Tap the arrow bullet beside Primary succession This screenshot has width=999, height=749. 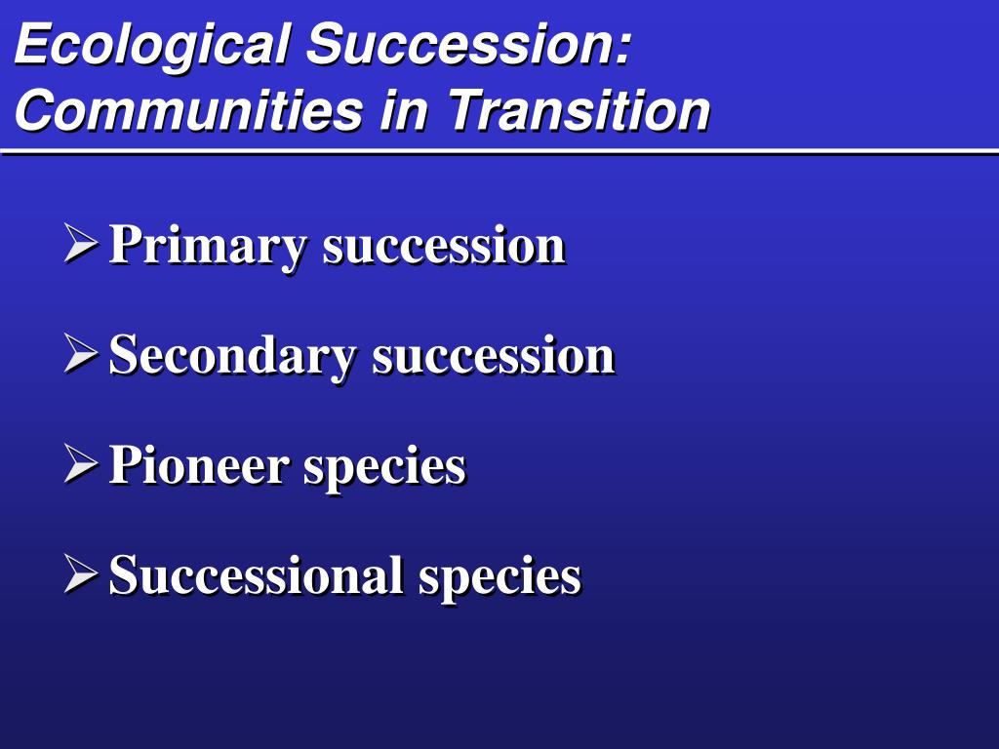[x=81, y=243]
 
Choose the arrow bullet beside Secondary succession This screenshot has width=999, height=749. [x=81, y=353]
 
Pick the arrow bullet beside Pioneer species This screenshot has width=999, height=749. [x=81, y=463]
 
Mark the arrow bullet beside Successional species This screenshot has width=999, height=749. [x=81, y=573]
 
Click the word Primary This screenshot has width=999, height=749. [x=208, y=247]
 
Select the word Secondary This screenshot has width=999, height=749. [x=232, y=357]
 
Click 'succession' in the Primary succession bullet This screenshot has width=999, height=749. [x=444, y=247]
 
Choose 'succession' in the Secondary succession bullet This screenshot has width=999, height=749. [x=494, y=357]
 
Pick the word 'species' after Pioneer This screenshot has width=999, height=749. [x=384, y=468]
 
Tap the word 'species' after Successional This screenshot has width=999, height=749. [x=499, y=578]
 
